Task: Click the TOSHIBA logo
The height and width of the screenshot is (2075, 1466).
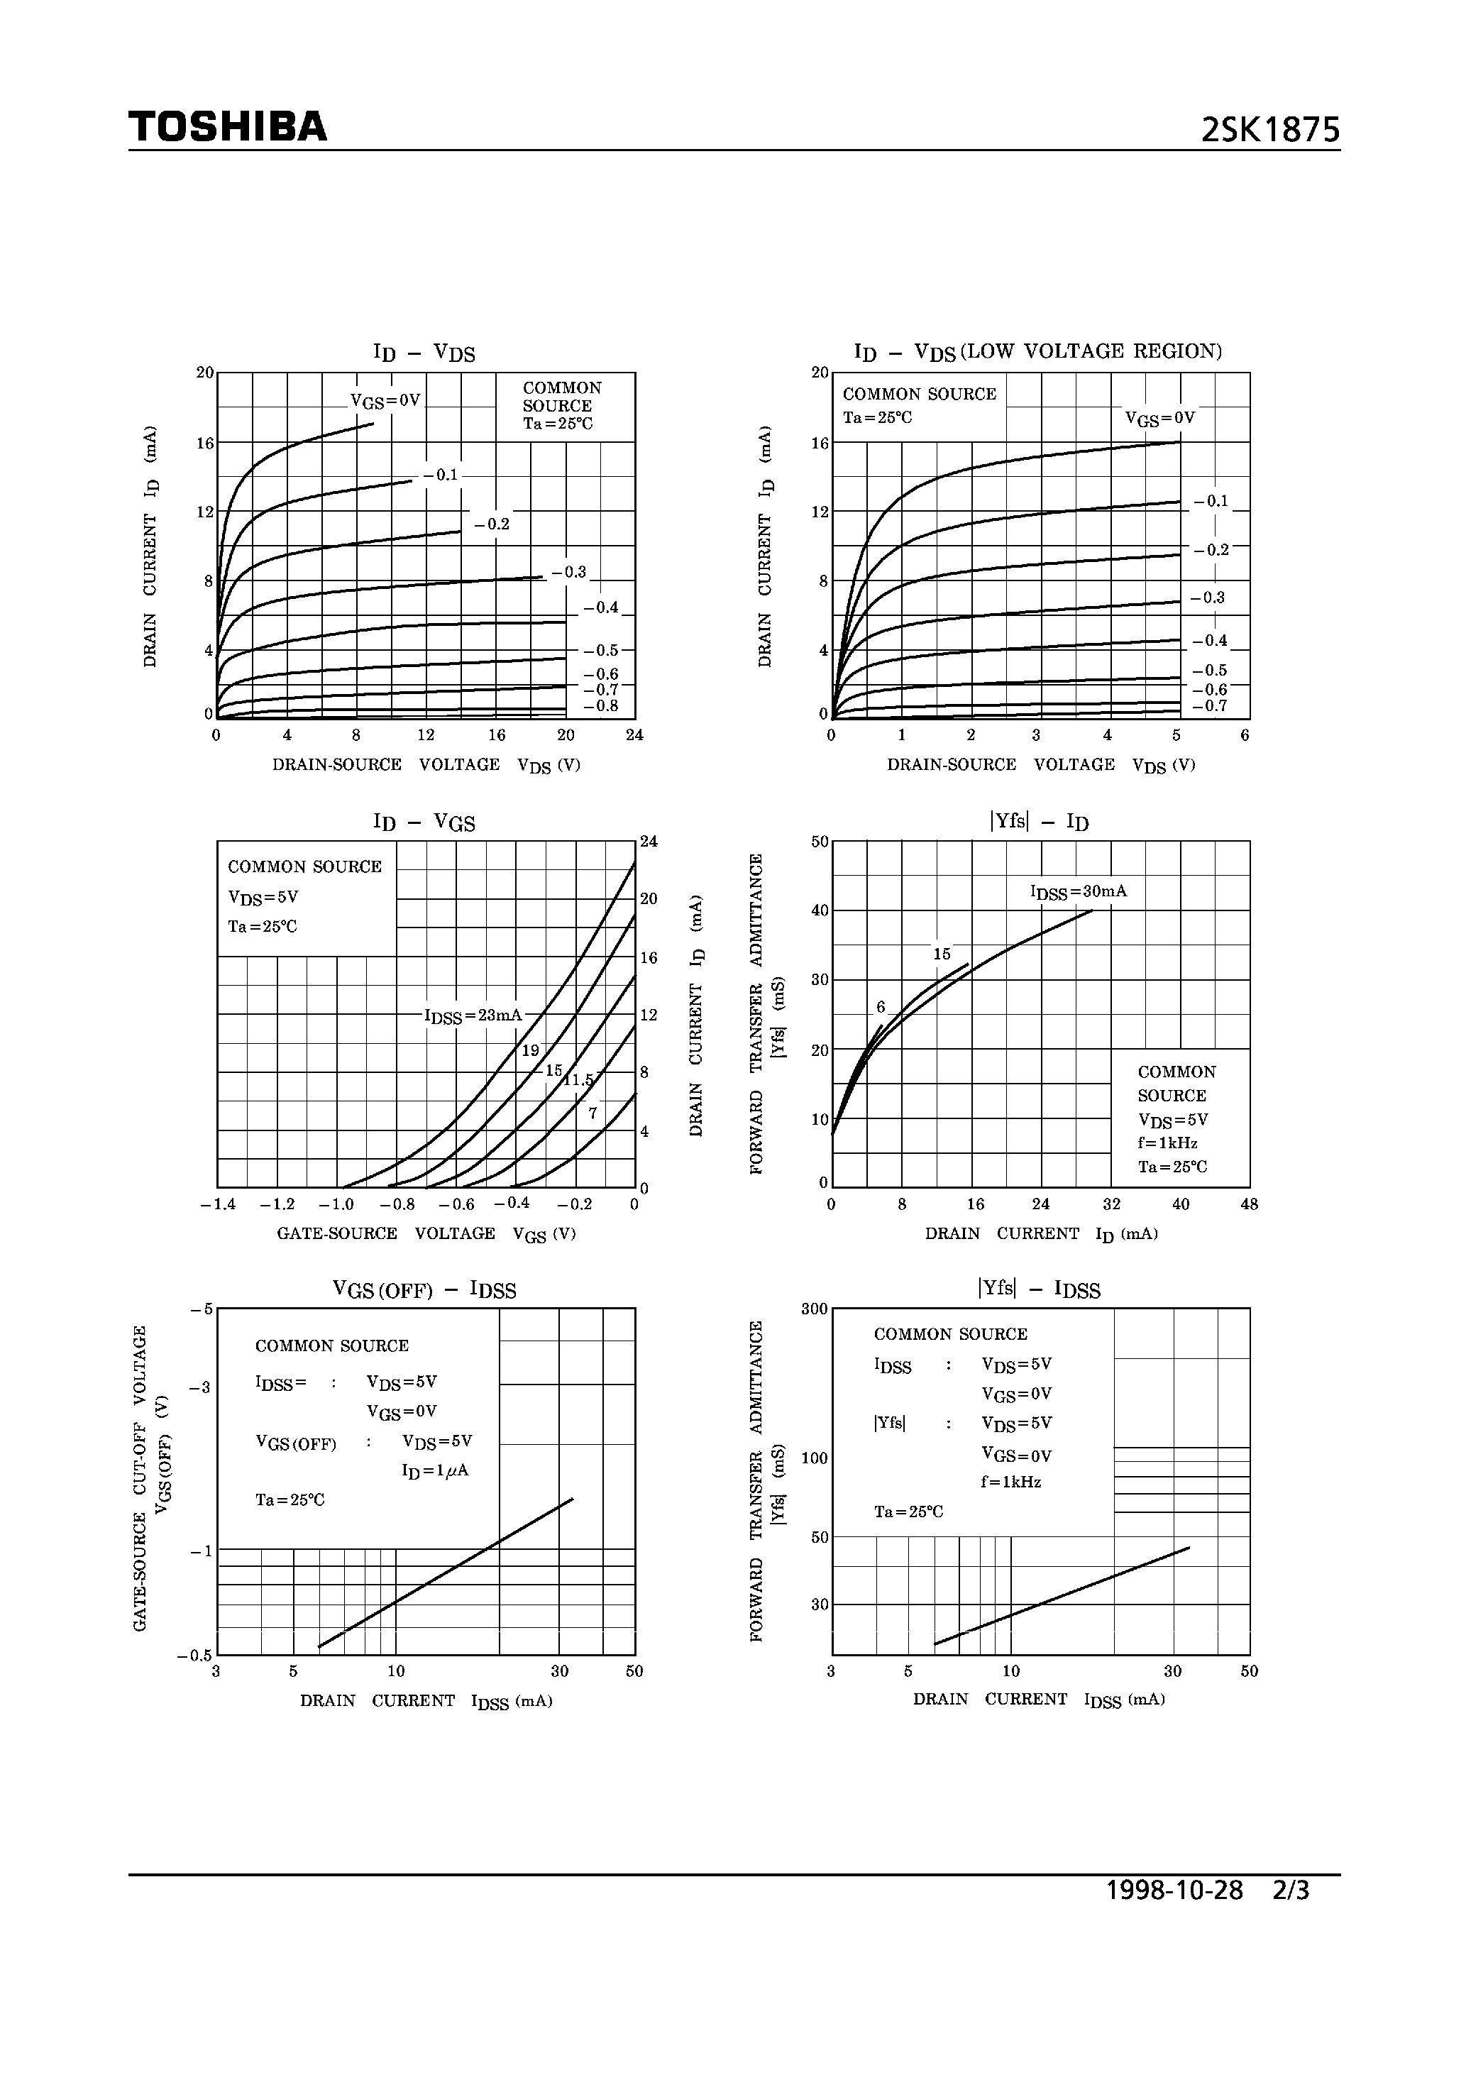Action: point(228,128)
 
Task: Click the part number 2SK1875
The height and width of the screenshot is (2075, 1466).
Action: point(1270,132)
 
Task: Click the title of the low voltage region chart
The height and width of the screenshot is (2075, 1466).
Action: point(1037,351)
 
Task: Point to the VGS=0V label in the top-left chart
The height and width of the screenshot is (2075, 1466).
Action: point(386,400)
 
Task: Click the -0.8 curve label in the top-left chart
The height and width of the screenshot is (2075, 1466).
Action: point(601,706)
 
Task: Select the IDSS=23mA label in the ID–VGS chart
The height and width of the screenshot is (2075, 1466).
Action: point(473,1016)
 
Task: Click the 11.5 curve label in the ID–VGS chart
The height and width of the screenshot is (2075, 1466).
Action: point(578,1079)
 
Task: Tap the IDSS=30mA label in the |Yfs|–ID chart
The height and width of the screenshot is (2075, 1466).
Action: point(1079,892)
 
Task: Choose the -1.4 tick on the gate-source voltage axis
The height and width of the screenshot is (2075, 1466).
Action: point(218,1205)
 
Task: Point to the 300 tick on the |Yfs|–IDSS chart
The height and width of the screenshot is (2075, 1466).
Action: point(815,1309)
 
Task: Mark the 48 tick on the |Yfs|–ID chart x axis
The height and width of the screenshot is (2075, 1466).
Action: point(1249,1205)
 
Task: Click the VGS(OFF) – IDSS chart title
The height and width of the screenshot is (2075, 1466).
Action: point(425,1291)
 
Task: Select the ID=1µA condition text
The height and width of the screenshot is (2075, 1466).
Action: point(435,1471)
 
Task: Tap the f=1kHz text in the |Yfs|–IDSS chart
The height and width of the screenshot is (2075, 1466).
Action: point(1010,1482)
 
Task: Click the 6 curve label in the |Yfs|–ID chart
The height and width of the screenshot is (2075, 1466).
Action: point(881,1008)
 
